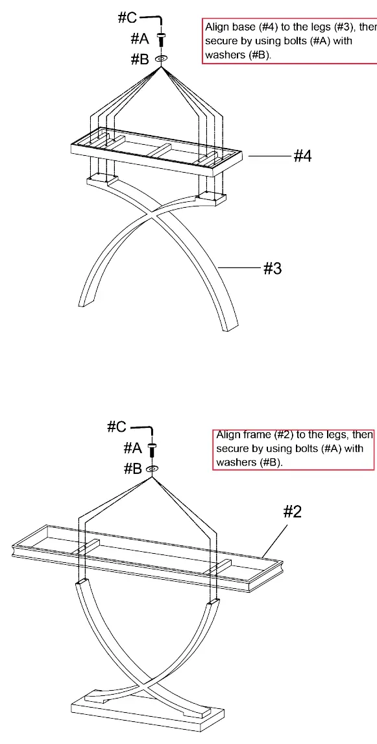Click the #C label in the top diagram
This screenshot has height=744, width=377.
click(x=127, y=18)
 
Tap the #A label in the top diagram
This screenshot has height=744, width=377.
click(x=140, y=39)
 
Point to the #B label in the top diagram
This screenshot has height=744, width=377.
click(x=140, y=59)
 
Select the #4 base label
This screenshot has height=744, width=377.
click(x=302, y=156)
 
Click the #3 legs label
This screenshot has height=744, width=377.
click(x=272, y=269)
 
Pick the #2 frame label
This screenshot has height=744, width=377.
click(x=292, y=512)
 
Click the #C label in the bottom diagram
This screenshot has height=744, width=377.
click(x=117, y=427)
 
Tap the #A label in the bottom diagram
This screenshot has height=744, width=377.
click(x=133, y=447)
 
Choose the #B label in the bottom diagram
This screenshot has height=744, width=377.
click(x=133, y=469)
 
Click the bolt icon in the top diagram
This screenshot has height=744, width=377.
click(x=161, y=39)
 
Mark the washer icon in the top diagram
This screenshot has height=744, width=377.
click(x=161, y=58)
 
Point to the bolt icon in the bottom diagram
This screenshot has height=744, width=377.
click(x=152, y=449)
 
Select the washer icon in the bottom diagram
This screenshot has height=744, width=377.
click(x=152, y=469)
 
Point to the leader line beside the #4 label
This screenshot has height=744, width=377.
click(x=269, y=156)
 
